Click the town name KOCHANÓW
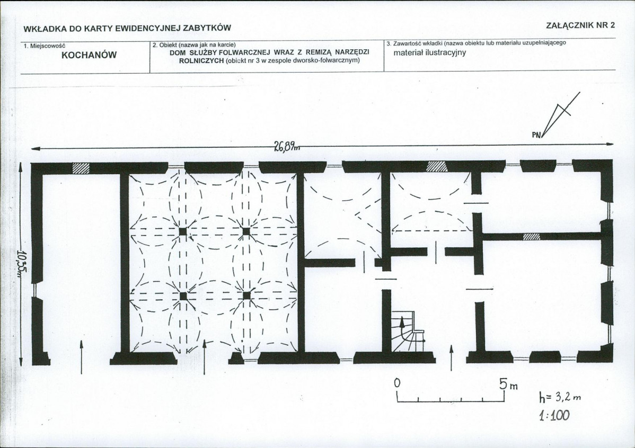(89, 55)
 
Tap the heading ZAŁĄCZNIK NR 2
(580, 25)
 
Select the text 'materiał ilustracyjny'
(430, 52)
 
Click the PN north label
(536, 135)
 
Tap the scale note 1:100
(554, 415)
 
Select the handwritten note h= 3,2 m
(560, 397)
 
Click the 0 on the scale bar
(398, 383)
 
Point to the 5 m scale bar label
(508, 384)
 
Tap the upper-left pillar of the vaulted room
(183, 231)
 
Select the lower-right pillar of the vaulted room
(246, 296)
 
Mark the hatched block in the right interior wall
(531, 237)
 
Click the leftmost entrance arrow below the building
(82, 357)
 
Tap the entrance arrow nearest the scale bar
(452, 358)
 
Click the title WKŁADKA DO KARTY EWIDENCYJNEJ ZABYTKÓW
(127, 28)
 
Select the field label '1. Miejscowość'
(44, 46)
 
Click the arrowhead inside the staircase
(402, 322)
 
